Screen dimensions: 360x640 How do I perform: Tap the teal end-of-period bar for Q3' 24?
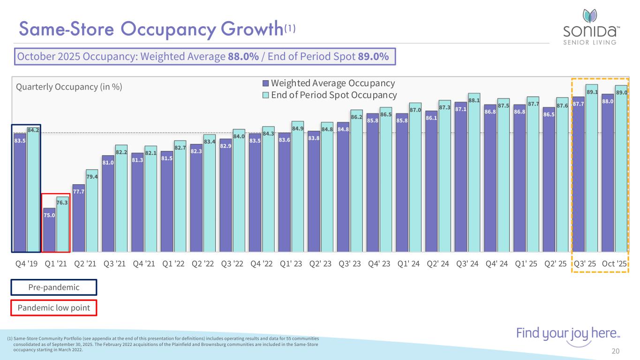474,173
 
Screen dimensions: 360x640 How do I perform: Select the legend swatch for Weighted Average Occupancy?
266,83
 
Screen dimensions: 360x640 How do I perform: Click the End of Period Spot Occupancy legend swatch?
266,95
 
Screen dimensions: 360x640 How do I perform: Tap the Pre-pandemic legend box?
53,287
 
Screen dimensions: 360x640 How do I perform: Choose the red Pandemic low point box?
53,308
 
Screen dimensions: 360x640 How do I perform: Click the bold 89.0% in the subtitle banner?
373,57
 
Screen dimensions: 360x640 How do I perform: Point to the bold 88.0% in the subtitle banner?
243,57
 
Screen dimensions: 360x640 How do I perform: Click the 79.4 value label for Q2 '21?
92,177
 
